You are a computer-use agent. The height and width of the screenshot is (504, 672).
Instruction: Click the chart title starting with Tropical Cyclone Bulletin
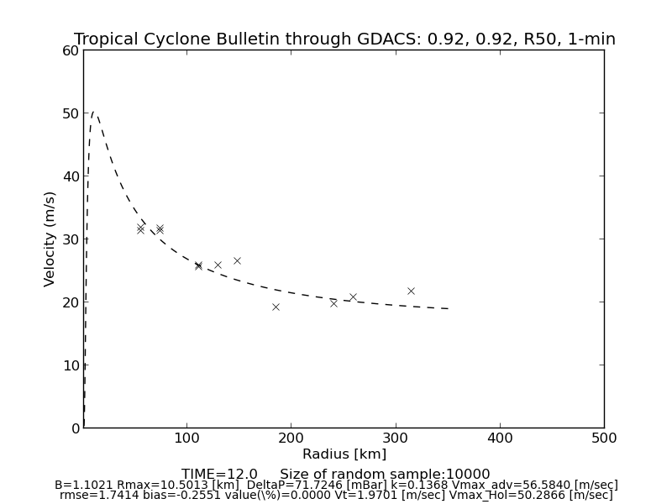pyautogui.click(x=344, y=39)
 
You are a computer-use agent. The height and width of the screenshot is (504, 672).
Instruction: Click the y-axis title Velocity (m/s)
pyautogui.click(x=50, y=239)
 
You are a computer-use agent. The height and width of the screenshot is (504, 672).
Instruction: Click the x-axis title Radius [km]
pyautogui.click(x=344, y=454)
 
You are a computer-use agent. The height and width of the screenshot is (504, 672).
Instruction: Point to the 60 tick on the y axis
pyautogui.click(x=71, y=50)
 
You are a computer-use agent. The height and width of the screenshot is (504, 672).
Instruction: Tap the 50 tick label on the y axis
pyautogui.click(x=71, y=113)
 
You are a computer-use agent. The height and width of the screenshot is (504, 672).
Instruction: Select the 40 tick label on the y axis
pyautogui.click(x=71, y=176)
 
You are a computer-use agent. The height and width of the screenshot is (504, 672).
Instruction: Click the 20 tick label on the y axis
pyautogui.click(x=71, y=302)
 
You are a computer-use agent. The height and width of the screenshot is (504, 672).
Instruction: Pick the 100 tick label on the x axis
pyautogui.click(x=186, y=438)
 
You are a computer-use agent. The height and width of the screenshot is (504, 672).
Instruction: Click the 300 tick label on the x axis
pyautogui.click(x=396, y=438)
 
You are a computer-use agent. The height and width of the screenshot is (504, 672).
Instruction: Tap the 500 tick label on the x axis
pyautogui.click(x=604, y=438)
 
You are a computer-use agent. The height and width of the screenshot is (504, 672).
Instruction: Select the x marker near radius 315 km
pyautogui.click(x=411, y=291)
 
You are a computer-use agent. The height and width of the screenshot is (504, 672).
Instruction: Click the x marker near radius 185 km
pyautogui.click(x=276, y=307)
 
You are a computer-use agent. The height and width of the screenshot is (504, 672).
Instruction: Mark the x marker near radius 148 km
pyautogui.click(x=237, y=260)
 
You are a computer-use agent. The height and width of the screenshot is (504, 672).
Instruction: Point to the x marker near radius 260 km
pyautogui.click(x=353, y=297)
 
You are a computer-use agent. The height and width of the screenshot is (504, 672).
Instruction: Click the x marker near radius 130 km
pyautogui.click(x=218, y=265)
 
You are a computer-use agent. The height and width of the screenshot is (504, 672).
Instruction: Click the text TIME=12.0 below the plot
pyautogui.click(x=219, y=475)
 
